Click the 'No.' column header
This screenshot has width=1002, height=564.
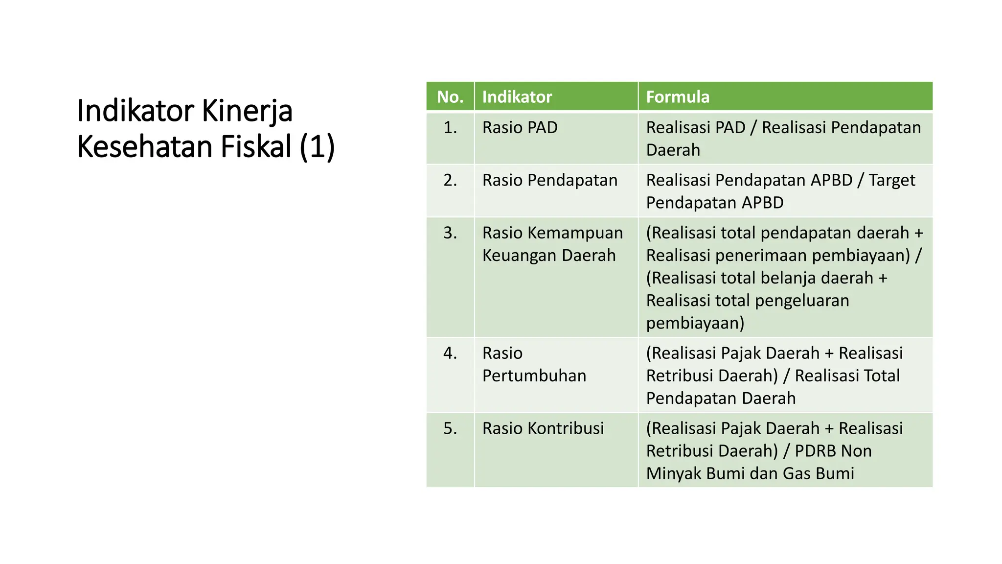click(x=450, y=97)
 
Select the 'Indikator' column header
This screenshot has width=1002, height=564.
click(x=517, y=97)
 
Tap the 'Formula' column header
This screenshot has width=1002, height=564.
click(x=678, y=97)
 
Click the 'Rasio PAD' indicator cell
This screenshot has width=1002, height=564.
click(x=520, y=128)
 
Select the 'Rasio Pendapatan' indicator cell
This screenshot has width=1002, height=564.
click(x=550, y=181)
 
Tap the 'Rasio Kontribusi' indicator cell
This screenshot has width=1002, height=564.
click(x=543, y=428)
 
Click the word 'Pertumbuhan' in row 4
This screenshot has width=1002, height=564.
click(x=534, y=376)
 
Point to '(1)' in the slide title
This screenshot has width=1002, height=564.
click(x=317, y=147)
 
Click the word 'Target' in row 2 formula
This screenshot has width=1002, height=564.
click(x=891, y=181)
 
